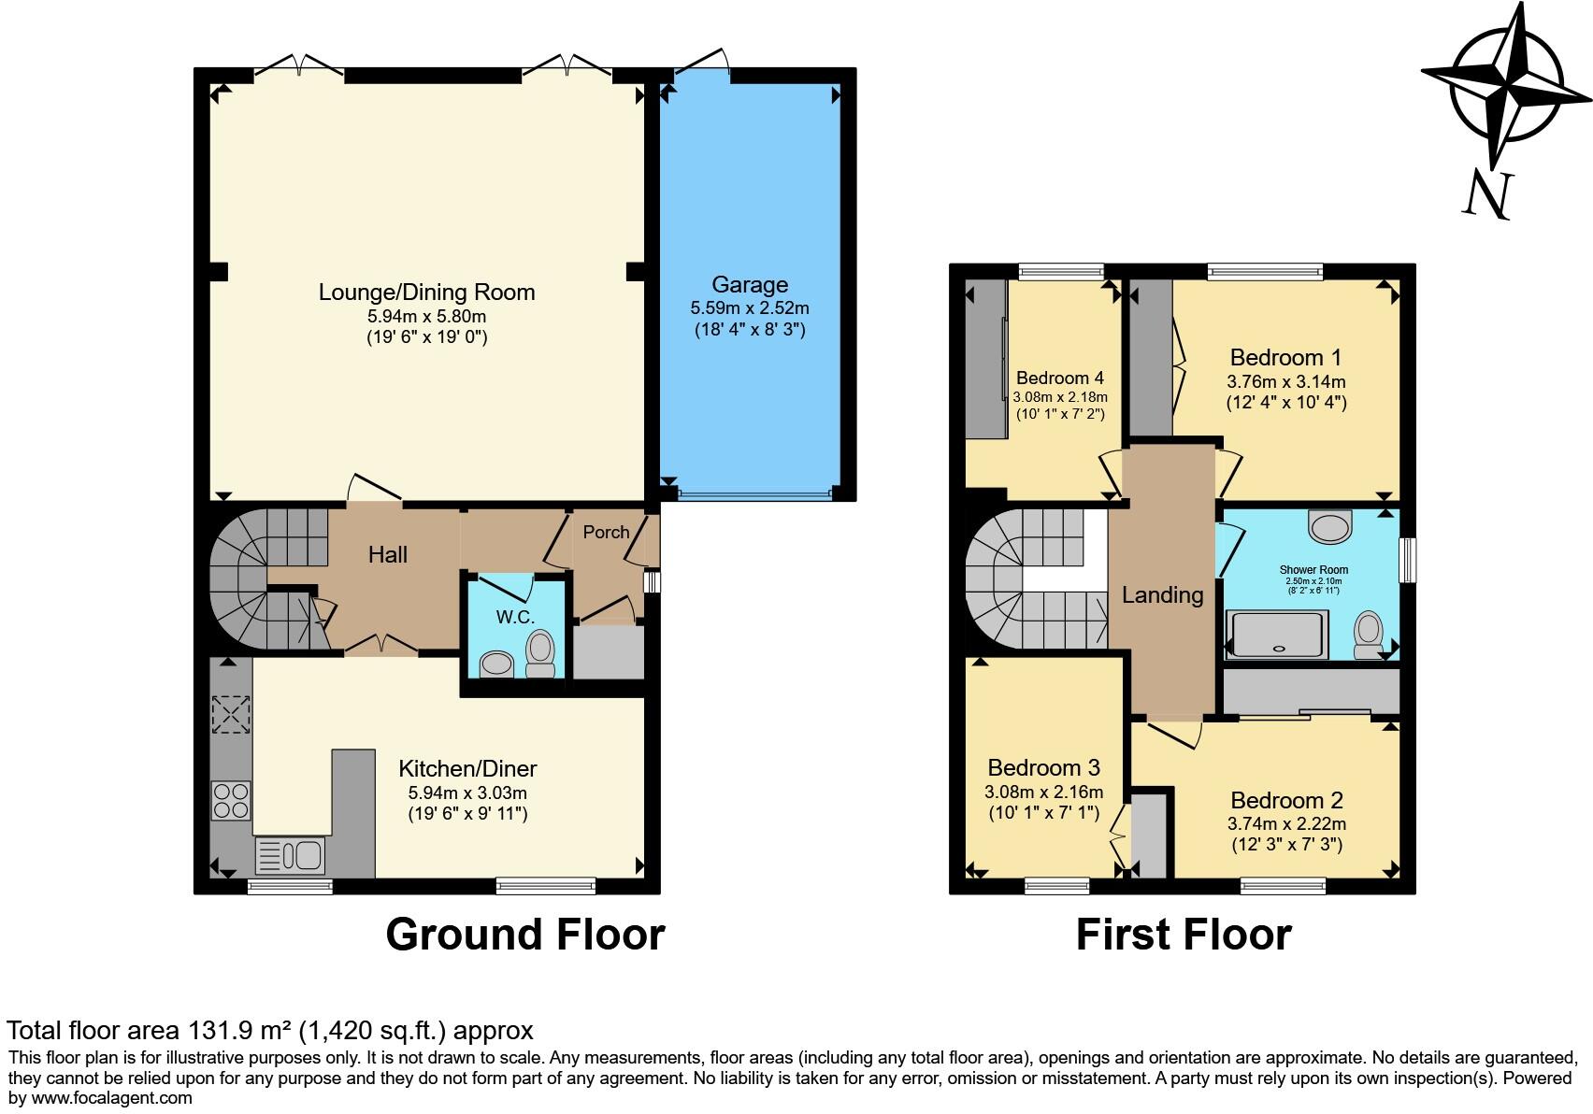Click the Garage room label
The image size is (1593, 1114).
(750, 285)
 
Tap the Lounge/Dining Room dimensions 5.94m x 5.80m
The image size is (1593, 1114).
(426, 316)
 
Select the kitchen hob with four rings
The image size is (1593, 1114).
(231, 799)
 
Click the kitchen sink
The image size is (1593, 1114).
(291, 855)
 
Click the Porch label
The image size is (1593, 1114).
(606, 532)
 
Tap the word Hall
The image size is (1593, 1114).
(388, 555)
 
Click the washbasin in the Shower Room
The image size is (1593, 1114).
(1330, 525)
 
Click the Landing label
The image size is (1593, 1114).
(1162, 595)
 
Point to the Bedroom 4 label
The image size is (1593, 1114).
(1060, 378)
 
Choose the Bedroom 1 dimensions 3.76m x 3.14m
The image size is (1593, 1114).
(1286, 381)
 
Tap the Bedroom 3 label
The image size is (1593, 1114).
(1043, 768)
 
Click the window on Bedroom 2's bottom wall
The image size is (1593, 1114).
(1283, 885)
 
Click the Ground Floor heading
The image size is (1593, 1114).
(524, 935)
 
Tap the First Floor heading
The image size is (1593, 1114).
(1184, 935)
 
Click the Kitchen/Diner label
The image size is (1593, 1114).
(467, 769)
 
